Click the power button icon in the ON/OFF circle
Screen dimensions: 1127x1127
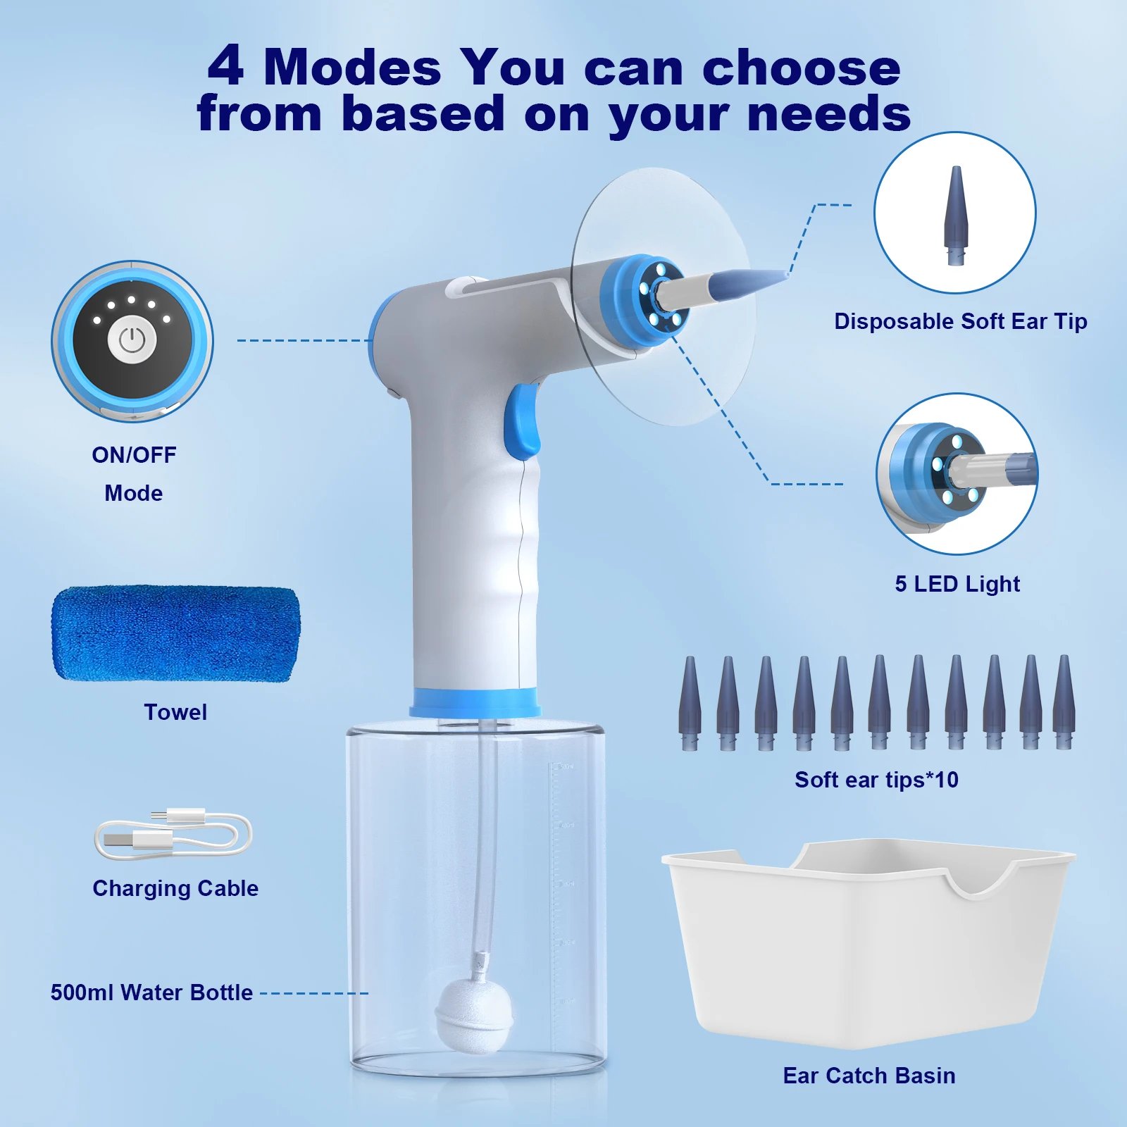pyautogui.click(x=132, y=341)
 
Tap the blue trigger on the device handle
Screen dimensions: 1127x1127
pyautogui.click(x=524, y=421)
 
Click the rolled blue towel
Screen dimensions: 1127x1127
pyautogui.click(x=175, y=634)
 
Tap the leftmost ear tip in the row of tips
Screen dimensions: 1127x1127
pyautogui.click(x=690, y=702)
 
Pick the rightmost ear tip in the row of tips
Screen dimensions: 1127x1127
pyautogui.click(x=1064, y=702)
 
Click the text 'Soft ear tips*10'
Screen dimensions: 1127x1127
pyautogui.click(x=876, y=780)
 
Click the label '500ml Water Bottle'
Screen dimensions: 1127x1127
pyautogui.click(x=151, y=992)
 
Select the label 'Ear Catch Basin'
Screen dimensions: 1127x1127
pyautogui.click(x=869, y=1076)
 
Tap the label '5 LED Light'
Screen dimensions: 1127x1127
pyautogui.click(x=957, y=584)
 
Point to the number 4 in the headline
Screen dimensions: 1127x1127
pyautogui.click(x=226, y=67)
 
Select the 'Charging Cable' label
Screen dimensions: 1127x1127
pyautogui.click(x=175, y=888)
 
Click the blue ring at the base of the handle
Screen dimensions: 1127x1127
pyautogui.click(x=475, y=702)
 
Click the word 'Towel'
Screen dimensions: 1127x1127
pyautogui.click(x=175, y=712)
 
